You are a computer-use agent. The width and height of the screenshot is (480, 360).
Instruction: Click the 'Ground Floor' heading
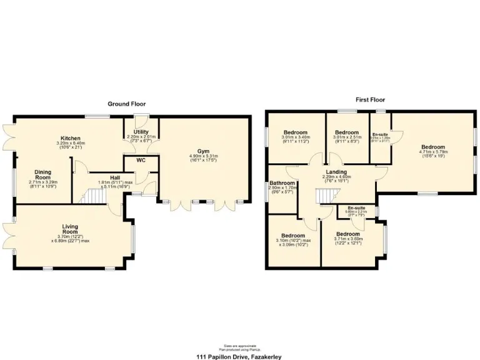[x=126, y=104]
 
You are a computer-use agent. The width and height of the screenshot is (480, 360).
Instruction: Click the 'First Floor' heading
[x=370, y=99]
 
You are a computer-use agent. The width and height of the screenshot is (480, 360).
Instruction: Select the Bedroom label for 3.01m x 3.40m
[x=295, y=133]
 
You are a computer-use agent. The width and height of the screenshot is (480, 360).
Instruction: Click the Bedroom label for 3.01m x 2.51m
[x=346, y=133]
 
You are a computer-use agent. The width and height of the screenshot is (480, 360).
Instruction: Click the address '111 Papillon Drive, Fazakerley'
[x=239, y=356]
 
